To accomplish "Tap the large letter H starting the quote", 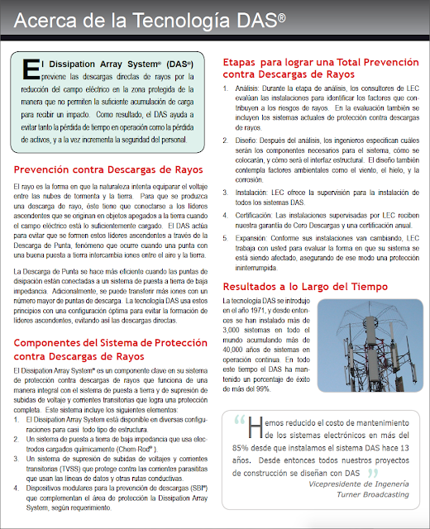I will (254, 424).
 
